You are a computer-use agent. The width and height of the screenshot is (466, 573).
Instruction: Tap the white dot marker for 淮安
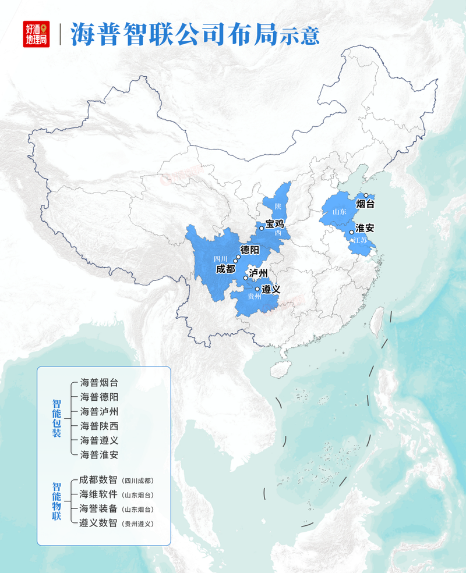click(351, 233)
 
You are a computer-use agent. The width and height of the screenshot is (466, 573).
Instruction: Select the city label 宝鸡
click(274, 223)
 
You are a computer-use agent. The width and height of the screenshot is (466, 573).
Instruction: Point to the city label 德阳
click(250, 251)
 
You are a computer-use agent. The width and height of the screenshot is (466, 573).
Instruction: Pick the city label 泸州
click(258, 273)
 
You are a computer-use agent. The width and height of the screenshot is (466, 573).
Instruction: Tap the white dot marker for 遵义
click(257, 289)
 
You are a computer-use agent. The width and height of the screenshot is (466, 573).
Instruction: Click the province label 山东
click(339, 212)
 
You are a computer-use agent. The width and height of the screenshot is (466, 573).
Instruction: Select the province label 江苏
click(361, 240)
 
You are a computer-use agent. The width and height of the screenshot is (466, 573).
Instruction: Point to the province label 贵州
click(254, 297)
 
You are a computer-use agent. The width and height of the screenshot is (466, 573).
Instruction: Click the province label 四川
click(220, 259)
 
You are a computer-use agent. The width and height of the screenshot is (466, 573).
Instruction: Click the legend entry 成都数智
click(99, 481)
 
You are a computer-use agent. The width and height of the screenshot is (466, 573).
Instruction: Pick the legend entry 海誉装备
click(99, 509)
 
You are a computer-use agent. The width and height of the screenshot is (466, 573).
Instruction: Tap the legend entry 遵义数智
click(99, 523)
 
